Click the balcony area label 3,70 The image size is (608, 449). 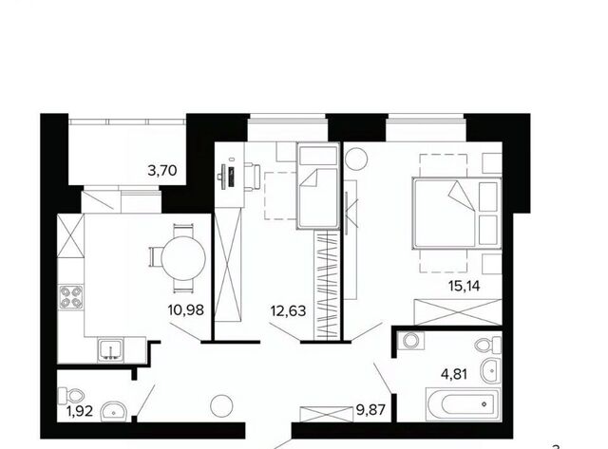[x=162, y=171]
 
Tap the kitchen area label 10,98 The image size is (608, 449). [x=186, y=309]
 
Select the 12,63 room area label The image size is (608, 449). [x=289, y=310]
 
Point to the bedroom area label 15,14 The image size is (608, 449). [x=465, y=287]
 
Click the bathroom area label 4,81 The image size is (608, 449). [x=454, y=374]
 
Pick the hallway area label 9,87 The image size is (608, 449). [x=370, y=409]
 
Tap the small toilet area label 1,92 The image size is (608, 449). [x=80, y=411]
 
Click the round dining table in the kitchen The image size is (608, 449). [x=183, y=258]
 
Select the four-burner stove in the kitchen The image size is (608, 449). [x=70, y=297]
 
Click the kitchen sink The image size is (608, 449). [x=110, y=350]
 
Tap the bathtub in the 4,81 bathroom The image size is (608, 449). [x=463, y=404]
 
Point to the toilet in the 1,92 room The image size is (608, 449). [x=71, y=395]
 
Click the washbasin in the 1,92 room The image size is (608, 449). [x=113, y=411]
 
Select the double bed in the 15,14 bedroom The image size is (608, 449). [x=457, y=213]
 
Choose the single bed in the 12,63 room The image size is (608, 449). [x=318, y=186]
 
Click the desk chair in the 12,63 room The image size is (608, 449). [x=253, y=178]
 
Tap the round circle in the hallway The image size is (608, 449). [x=221, y=405]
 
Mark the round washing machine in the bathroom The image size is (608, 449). [x=409, y=341]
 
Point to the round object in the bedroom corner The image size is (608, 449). [x=356, y=159]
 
